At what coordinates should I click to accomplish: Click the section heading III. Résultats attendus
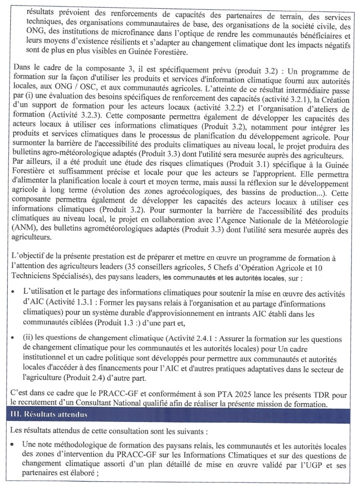(48, 414)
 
